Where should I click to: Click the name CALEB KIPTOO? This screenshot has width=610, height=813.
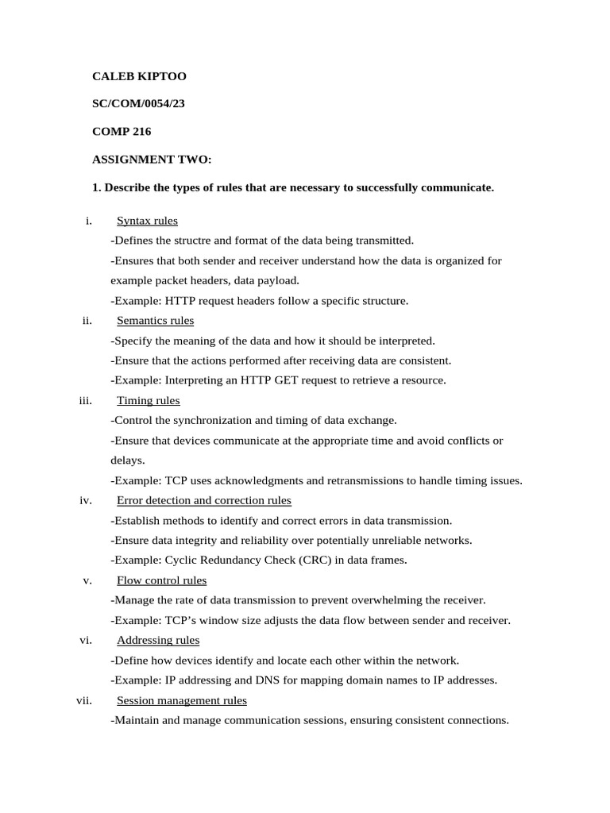pyautogui.click(x=139, y=77)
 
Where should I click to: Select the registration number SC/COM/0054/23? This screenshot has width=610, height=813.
pyautogui.click(x=138, y=104)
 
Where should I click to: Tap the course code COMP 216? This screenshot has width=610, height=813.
pyautogui.click(x=122, y=132)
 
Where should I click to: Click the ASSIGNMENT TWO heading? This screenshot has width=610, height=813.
pyautogui.click(x=152, y=160)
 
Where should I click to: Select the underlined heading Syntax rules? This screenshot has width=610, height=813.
pyautogui.click(x=147, y=221)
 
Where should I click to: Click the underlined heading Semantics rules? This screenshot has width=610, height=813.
pyautogui.click(x=155, y=321)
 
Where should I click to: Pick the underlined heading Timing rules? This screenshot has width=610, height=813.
pyautogui.click(x=148, y=401)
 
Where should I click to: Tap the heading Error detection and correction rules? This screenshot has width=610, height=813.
pyautogui.click(x=203, y=500)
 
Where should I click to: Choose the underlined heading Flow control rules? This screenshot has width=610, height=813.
pyautogui.click(x=161, y=580)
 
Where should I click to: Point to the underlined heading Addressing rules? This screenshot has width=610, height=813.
pyautogui.click(x=157, y=640)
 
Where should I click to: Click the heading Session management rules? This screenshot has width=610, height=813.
pyautogui.click(x=181, y=700)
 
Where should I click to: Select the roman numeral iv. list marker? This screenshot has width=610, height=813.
pyautogui.click(x=87, y=500)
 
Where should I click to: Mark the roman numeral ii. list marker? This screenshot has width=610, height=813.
pyautogui.click(x=87, y=321)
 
